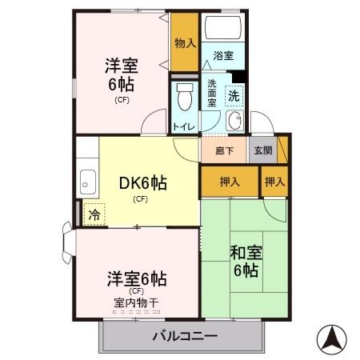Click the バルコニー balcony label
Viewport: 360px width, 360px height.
point(184,337)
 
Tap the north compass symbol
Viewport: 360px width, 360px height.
point(331,339)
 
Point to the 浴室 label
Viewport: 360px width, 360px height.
point(222,56)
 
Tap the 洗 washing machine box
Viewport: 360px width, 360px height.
point(234,95)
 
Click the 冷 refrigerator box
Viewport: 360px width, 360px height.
point(94,214)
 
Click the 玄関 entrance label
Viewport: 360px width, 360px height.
point(262,150)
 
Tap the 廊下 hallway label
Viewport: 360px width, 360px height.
point(224,150)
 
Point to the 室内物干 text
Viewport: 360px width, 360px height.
point(136,302)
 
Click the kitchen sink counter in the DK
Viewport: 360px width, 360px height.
point(87,183)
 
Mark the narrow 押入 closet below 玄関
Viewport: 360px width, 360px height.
point(274,182)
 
